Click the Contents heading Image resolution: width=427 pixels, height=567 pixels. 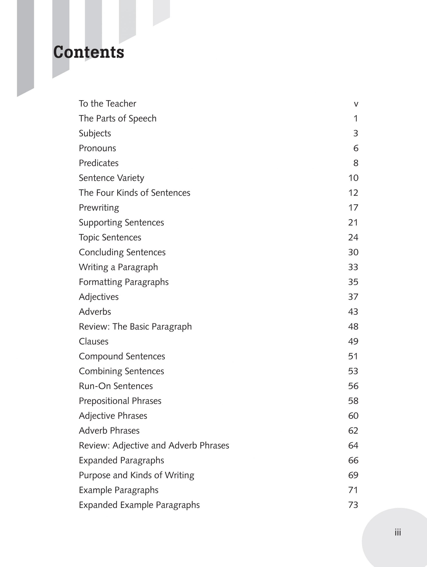pos(88,52)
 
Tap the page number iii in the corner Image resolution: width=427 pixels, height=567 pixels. pos(398,532)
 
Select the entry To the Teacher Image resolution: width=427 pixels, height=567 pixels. pos(107,104)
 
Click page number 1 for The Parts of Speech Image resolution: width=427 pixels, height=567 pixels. pos(355,118)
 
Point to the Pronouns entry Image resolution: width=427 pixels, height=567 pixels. pos(97,148)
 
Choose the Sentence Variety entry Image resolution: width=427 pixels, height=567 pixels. pos(111,178)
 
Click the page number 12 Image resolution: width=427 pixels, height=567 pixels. pos(353,193)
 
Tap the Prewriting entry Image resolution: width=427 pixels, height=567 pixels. pos(99,208)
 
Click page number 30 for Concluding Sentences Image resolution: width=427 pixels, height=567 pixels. pos(353,252)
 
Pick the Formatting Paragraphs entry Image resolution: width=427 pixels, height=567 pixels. pos(124,282)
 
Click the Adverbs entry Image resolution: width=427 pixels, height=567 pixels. pos(95,312)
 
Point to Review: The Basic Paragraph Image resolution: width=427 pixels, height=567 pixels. pos(135,326)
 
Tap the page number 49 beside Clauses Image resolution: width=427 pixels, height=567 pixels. pos(353,342)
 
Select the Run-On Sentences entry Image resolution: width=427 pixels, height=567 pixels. pos(116,386)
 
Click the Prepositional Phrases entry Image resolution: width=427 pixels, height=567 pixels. pos(120,401)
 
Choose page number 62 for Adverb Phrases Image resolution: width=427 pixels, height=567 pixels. pos(353,431)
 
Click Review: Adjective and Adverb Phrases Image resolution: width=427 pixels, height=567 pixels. pos(154,445)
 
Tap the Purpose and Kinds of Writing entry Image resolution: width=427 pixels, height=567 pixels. pos(136,475)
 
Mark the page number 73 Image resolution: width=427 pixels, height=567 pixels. pos(353,505)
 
